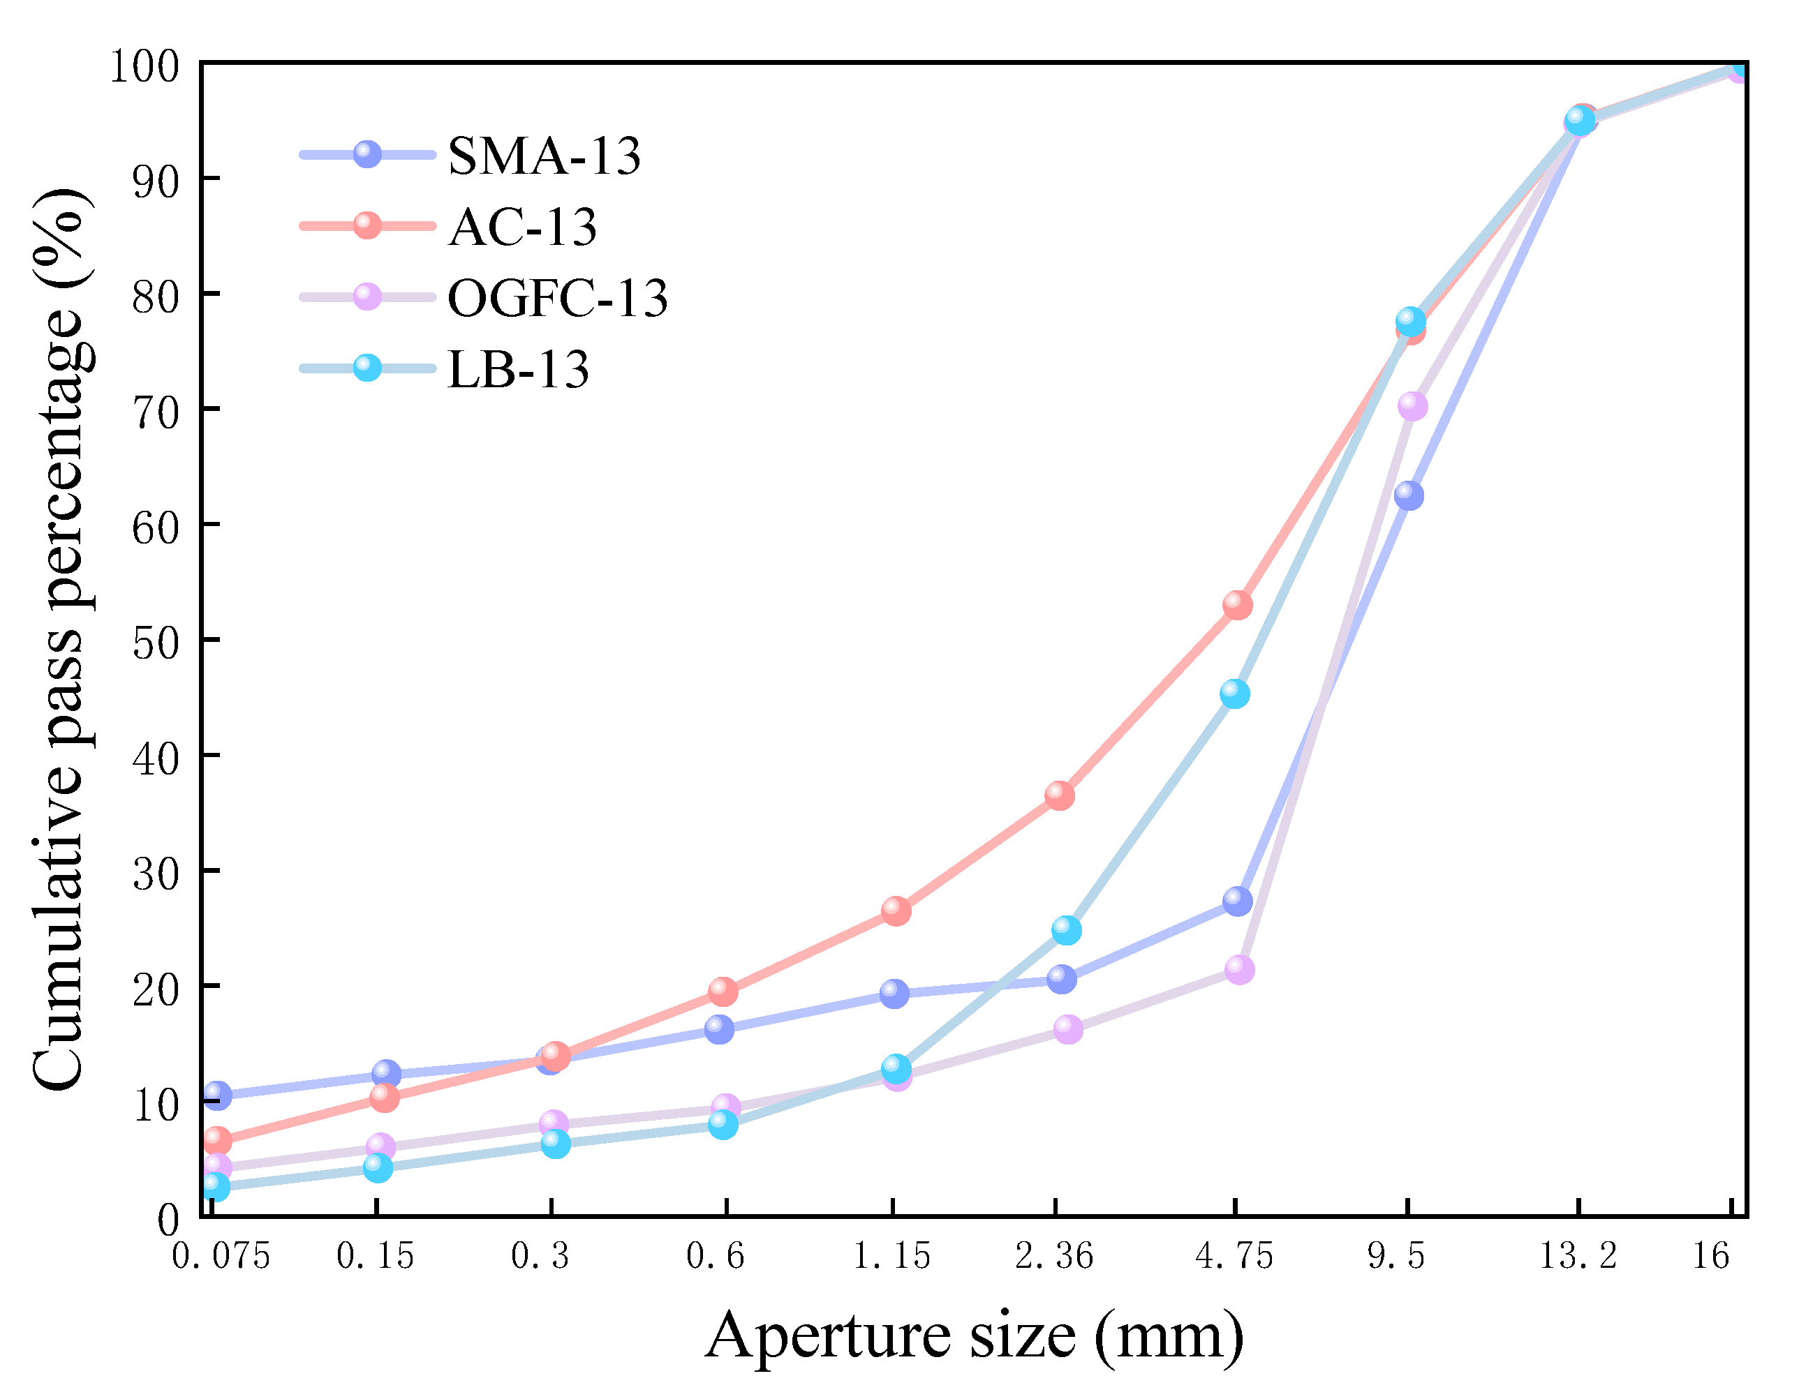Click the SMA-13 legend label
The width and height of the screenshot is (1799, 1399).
coord(544,156)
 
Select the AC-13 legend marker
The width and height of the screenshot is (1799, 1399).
coord(367,225)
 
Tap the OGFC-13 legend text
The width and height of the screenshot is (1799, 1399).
coord(558,297)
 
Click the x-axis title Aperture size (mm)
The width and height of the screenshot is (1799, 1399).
coord(975,1336)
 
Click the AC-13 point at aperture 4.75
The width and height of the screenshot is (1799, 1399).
coord(1237,605)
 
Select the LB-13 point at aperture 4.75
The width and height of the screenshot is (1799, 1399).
coord(1234,694)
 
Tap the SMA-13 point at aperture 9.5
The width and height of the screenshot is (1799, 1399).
coord(1409,495)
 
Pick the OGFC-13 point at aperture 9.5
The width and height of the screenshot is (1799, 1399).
coord(1412,406)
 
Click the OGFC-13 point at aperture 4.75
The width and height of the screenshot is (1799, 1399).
coord(1239,970)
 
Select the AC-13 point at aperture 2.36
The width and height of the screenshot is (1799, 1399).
coord(1059,795)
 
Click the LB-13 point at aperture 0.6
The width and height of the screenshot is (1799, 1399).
coord(723,1124)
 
